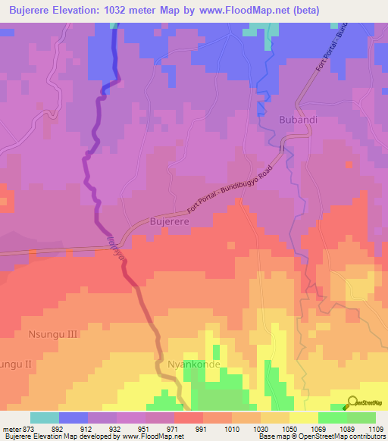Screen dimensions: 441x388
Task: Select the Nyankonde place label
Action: click(193, 364)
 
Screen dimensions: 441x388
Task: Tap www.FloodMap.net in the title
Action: click(248, 11)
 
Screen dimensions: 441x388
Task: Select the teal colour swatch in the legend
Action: click(45, 418)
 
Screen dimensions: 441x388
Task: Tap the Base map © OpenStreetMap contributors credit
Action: click(321, 436)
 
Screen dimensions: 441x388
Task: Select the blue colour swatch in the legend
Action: click(74, 418)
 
